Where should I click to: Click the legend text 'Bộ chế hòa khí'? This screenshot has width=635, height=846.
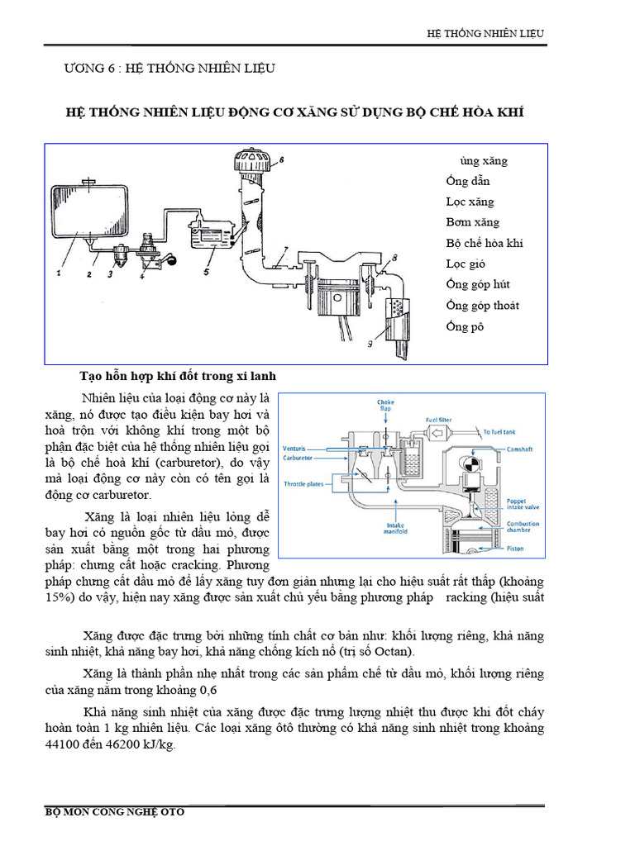pyautogui.click(x=485, y=244)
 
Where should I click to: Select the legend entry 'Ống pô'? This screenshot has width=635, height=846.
pyautogui.click(x=464, y=326)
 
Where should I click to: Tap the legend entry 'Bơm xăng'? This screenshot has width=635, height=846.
pyautogui.click(x=472, y=223)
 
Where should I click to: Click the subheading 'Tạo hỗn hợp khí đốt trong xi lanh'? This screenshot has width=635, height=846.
pyautogui.click(x=177, y=376)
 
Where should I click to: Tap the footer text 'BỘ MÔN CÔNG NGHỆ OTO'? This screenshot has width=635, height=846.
pyautogui.click(x=114, y=812)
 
